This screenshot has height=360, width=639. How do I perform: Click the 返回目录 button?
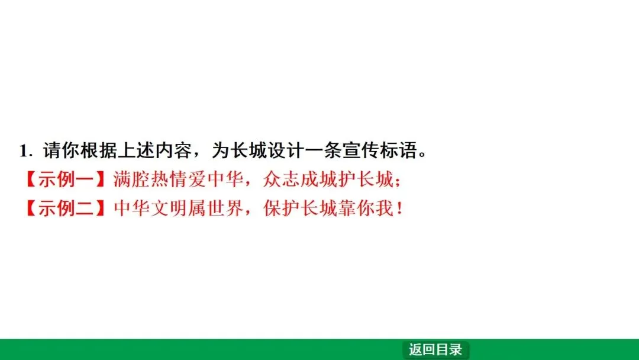[435, 350]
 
